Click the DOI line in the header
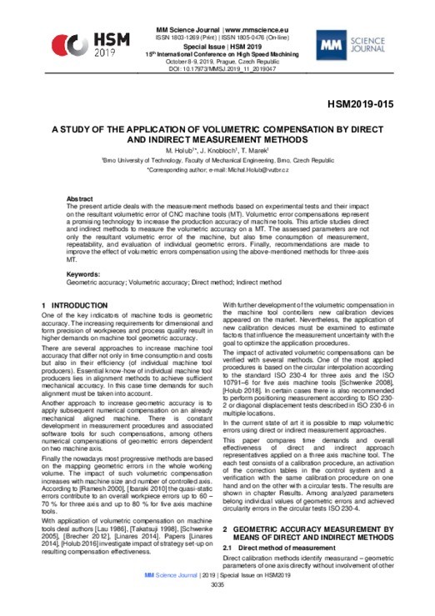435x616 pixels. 217,71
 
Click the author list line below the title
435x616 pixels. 217,151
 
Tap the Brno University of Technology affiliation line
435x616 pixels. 217,160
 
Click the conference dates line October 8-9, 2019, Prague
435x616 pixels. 217,63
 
